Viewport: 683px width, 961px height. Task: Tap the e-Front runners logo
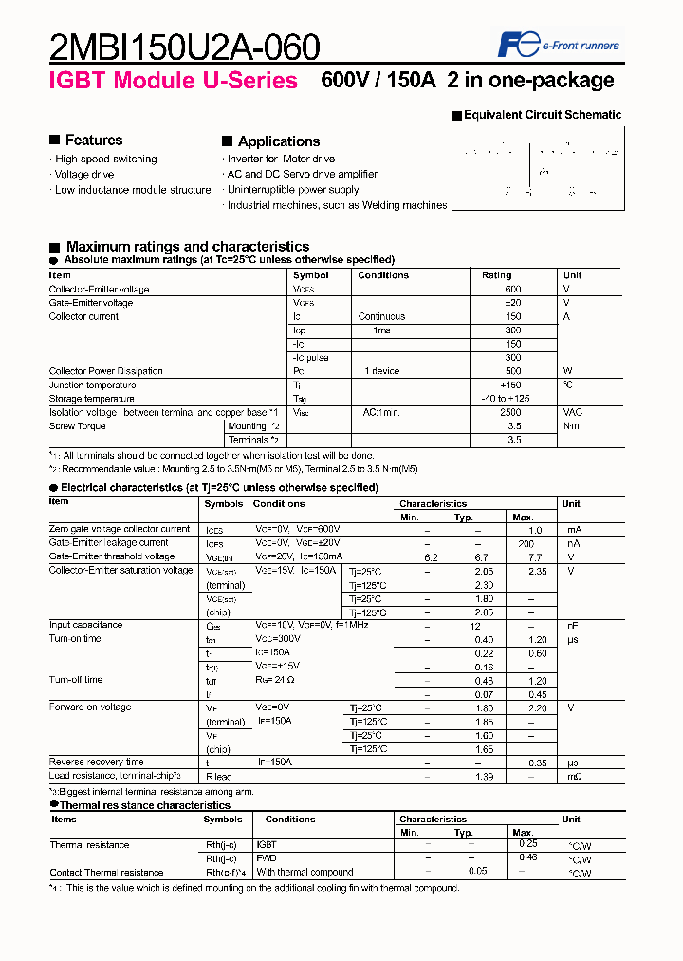[559, 44]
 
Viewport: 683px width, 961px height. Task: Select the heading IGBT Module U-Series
[173, 81]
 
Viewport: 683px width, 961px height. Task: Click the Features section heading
[93, 140]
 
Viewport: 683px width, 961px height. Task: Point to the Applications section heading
[278, 141]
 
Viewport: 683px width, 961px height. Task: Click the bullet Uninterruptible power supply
[292, 190]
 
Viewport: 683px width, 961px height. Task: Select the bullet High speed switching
[105, 159]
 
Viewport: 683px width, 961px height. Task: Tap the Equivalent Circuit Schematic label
[542, 115]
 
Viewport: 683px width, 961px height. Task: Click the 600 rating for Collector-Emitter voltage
[513, 289]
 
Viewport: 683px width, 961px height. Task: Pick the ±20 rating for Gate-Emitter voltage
[513, 303]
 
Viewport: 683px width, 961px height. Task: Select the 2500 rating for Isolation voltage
[509, 413]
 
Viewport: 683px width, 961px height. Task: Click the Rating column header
[496, 275]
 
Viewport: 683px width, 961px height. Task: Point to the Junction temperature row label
[92, 386]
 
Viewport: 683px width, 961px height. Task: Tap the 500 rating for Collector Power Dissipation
[513, 371]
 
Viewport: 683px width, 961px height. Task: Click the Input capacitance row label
[85, 625]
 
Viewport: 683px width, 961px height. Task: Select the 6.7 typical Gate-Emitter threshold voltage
[482, 556]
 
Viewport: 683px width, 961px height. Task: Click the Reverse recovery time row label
[96, 763]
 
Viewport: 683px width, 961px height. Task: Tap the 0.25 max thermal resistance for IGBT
[527, 844]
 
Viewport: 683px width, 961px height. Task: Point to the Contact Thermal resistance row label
[106, 872]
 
